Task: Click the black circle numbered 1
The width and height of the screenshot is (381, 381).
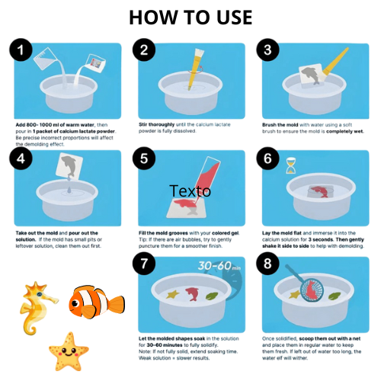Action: click(x=21, y=50)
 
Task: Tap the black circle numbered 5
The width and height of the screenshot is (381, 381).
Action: click(x=144, y=158)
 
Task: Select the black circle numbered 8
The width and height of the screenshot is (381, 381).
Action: click(x=267, y=264)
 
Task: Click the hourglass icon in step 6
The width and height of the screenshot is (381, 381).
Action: click(x=291, y=165)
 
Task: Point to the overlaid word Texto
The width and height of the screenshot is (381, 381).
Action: click(x=190, y=190)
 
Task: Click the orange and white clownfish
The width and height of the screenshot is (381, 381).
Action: click(x=97, y=302)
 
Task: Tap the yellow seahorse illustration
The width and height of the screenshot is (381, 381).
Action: click(x=37, y=308)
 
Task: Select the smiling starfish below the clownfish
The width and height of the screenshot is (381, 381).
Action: click(x=69, y=351)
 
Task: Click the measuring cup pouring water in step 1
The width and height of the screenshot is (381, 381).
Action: click(x=46, y=59)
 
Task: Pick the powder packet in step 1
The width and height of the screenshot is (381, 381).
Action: click(x=96, y=62)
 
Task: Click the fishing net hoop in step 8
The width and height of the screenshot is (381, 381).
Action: click(x=312, y=290)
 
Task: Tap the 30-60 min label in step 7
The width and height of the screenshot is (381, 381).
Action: click(x=219, y=266)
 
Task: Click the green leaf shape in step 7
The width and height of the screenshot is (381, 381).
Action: click(x=212, y=296)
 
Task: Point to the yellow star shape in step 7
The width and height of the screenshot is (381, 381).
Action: click(x=173, y=294)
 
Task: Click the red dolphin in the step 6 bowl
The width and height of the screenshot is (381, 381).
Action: click(x=320, y=191)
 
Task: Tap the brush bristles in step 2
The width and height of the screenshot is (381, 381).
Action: click(x=200, y=53)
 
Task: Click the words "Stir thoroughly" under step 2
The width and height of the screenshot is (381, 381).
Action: click(x=156, y=124)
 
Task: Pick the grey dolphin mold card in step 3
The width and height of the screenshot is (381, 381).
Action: click(x=312, y=76)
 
